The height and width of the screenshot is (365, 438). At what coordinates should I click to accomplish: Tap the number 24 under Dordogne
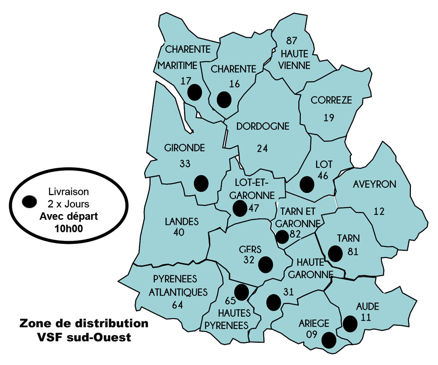coord(262,148)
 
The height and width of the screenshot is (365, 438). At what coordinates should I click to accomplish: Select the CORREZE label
coord(331,100)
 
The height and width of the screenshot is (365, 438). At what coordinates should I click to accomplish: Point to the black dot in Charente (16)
coord(224,100)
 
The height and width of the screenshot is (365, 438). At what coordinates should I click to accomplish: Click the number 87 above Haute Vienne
coord(292,41)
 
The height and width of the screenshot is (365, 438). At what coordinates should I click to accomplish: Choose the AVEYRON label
coord(374,184)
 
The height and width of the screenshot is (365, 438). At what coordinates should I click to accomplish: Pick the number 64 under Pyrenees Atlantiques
coord(177,305)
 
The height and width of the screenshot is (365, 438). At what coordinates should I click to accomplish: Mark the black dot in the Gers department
coord(265,265)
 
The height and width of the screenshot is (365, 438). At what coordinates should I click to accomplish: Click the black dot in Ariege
coord(328,340)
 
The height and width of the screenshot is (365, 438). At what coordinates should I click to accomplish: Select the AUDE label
coord(368,306)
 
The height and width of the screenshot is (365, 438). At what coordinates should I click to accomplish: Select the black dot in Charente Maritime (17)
coord(194,93)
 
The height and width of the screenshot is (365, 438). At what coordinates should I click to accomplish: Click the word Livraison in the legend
coord(68,192)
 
